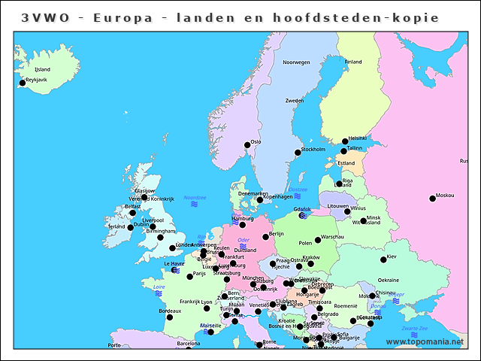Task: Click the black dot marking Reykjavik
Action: (x=22, y=83)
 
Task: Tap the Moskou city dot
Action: (x=432, y=199)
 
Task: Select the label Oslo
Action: (x=256, y=141)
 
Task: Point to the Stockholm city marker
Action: (x=298, y=153)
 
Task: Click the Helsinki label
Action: (x=357, y=138)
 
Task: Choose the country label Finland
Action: (x=352, y=62)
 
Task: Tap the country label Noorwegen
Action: (x=295, y=62)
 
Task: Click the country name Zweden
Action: (x=294, y=100)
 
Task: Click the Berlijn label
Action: (x=276, y=234)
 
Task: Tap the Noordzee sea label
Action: (x=194, y=197)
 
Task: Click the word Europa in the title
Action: (x=119, y=17)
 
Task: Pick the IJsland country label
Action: (x=42, y=69)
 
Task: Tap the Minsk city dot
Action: (x=363, y=221)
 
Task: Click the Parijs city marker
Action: (x=189, y=275)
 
